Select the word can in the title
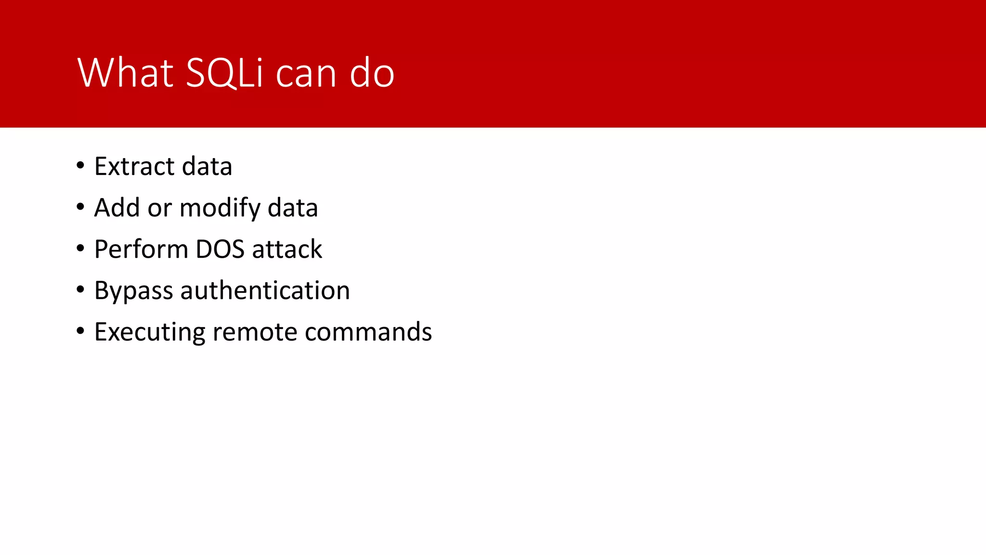306,75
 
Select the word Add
117,208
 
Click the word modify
220,209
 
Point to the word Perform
141,249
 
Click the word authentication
265,291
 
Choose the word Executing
150,333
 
